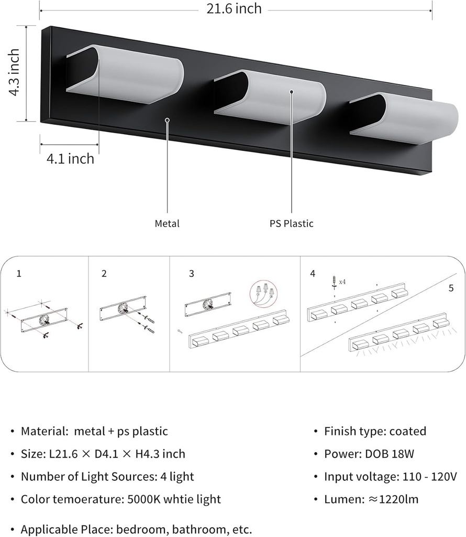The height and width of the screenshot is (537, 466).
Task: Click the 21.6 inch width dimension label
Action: pos(234,9)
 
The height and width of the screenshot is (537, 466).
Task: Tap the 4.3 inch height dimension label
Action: pos(14,72)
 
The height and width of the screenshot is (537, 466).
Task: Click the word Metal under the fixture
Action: pos(167,223)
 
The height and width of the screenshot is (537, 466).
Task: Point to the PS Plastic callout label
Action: pos(292,223)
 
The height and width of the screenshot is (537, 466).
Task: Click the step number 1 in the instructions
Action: pos(19,273)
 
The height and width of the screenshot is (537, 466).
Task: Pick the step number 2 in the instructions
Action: pos(104,273)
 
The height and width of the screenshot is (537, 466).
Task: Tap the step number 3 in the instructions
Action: pos(191,273)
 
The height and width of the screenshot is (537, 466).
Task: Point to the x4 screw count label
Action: pos(342,282)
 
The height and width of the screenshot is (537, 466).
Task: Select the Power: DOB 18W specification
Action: pos(369,454)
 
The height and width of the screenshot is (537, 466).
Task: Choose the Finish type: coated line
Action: pos(375,431)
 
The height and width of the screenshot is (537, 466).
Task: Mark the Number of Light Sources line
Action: pos(107,477)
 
